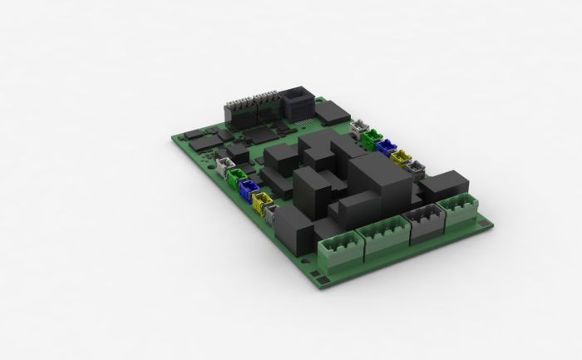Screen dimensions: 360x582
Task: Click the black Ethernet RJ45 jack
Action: (297, 104)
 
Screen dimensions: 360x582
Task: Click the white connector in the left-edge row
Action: (225, 165)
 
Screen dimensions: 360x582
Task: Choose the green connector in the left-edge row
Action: (237, 176)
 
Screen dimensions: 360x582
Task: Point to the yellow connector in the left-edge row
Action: (263, 203)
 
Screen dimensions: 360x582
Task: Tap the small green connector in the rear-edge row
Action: (372, 136)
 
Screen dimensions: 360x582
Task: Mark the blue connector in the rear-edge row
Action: (386, 146)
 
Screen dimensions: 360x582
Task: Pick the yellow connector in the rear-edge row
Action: (401, 157)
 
